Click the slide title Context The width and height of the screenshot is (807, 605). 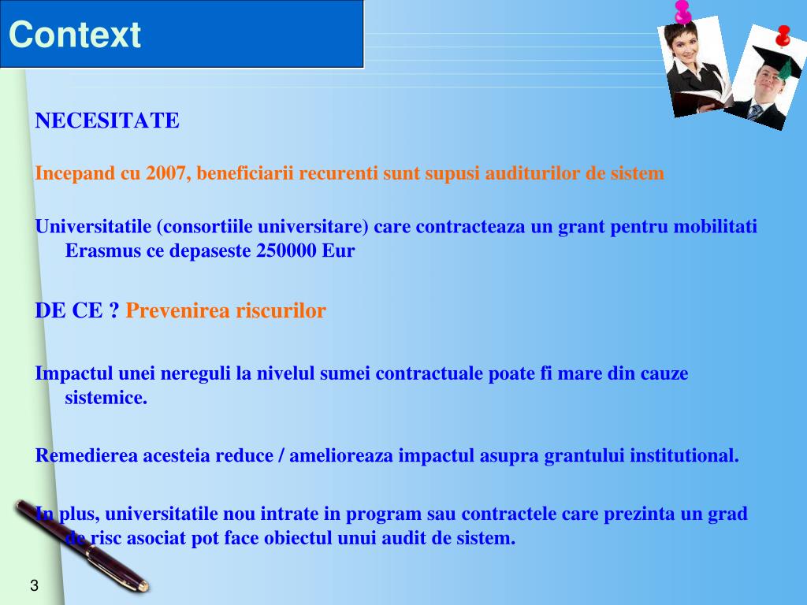point(75,35)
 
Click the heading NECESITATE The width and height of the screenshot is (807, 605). point(107,121)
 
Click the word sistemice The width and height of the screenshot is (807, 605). point(106,398)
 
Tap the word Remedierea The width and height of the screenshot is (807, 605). point(87,455)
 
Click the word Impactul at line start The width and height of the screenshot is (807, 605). point(74,373)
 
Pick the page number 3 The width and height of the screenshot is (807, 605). point(34,585)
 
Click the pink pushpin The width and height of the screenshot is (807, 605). point(682,11)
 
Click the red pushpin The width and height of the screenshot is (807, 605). point(783,35)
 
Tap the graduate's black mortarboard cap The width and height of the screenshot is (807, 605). point(775,61)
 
